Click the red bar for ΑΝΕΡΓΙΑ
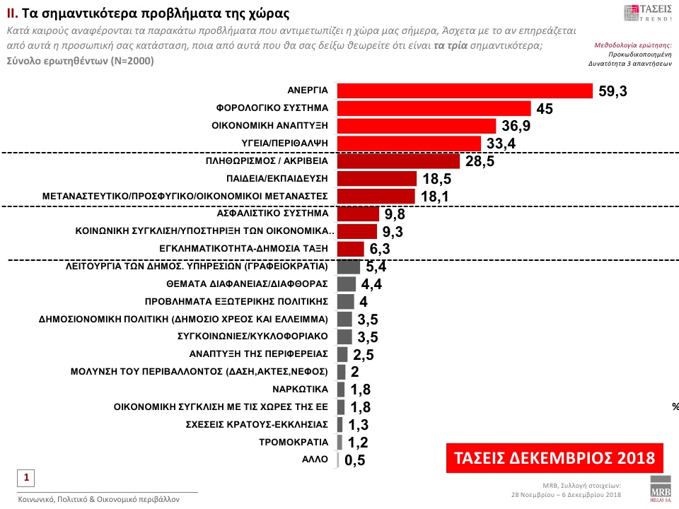(465, 91)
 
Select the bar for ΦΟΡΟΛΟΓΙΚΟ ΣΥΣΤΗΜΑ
(434, 108)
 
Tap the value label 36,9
(516, 126)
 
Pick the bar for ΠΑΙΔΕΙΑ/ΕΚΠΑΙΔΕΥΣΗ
(377, 178)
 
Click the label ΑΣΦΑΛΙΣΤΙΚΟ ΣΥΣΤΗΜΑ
(272, 213)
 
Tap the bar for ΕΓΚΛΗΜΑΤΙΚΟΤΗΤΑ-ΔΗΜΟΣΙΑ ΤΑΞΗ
(351, 248)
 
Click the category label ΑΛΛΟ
(316, 460)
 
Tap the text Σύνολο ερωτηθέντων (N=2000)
(79, 62)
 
